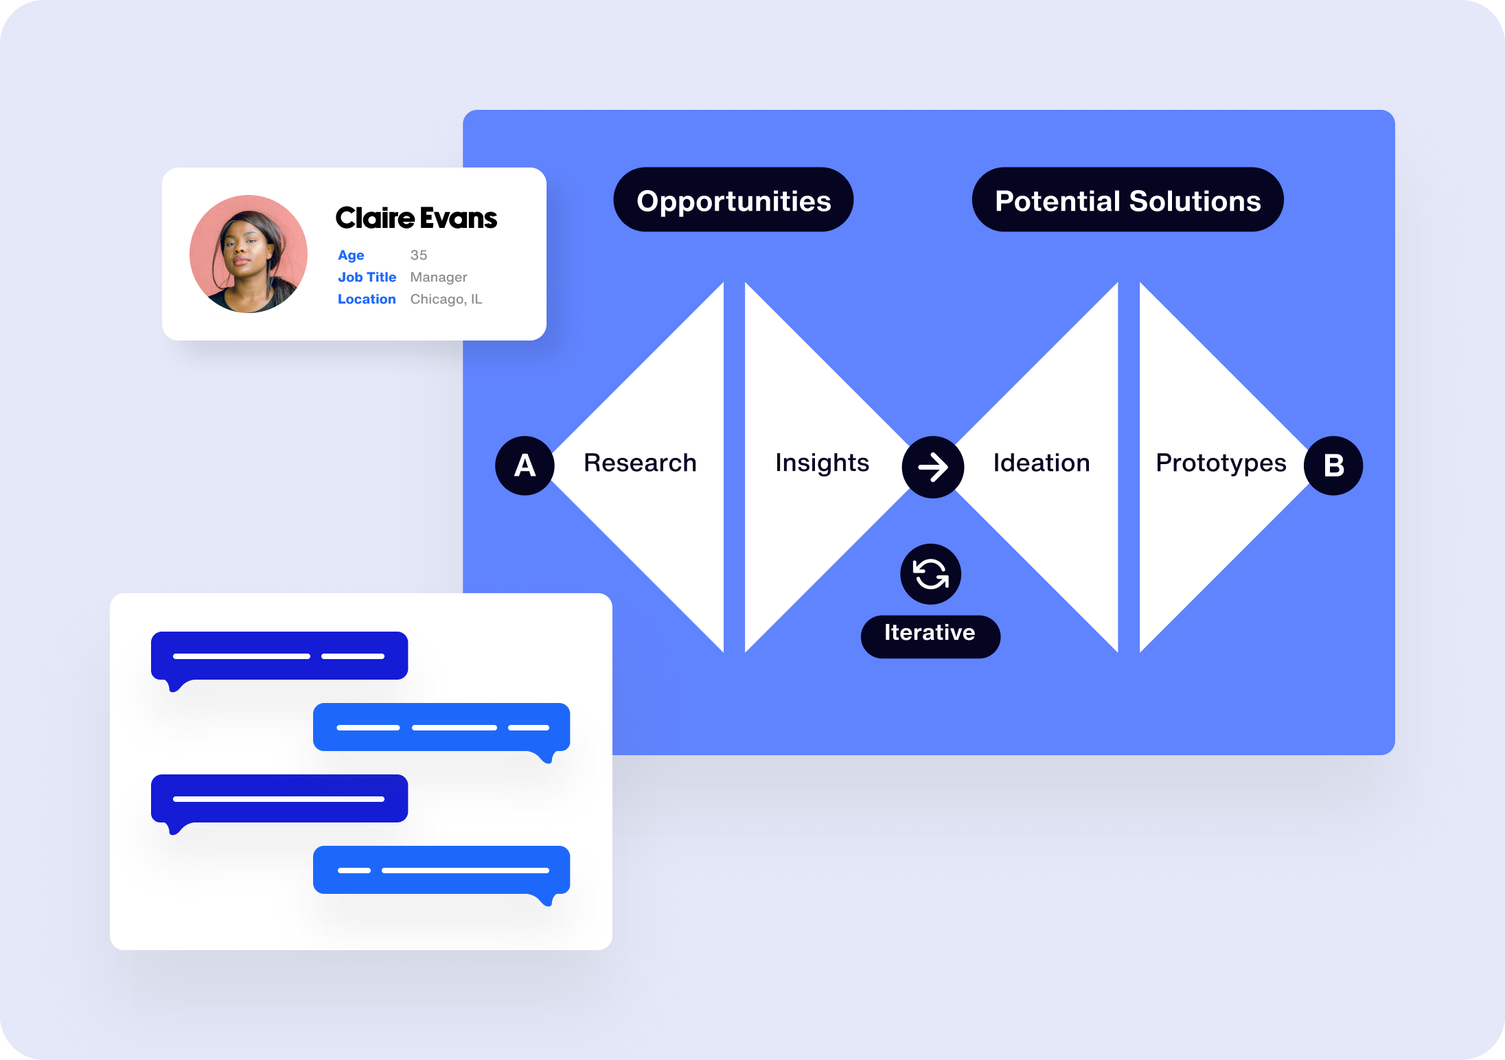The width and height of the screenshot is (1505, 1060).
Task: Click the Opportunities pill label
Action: [x=733, y=200]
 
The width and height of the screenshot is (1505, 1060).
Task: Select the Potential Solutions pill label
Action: [x=1127, y=200]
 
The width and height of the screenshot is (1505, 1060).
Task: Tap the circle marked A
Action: [x=525, y=465]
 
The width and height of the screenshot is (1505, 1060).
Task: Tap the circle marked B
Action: [x=1333, y=465]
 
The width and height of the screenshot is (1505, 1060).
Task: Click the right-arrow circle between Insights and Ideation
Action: [x=932, y=468]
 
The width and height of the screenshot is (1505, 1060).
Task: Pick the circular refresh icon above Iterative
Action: [x=930, y=574]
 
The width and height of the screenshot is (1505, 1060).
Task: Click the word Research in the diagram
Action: [x=640, y=463]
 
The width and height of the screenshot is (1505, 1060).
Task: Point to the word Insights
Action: [x=822, y=463]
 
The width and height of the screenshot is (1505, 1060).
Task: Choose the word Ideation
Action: [x=1041, y=463]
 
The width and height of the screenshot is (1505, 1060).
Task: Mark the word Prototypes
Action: [x=1221, y=463]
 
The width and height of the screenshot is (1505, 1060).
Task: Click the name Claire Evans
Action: [x=416, y=218]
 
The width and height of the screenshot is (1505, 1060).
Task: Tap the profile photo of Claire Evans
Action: [x=249, y=254]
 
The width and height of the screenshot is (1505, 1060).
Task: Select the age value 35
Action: [x=419, y=255]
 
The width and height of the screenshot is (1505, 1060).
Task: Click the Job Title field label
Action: [x=367, y=277]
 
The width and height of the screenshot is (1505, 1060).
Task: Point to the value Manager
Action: [x=439, y=277]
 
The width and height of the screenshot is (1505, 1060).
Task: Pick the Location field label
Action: [x=367, y=299]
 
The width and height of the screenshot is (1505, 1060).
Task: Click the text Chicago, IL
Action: [x=446, y=299]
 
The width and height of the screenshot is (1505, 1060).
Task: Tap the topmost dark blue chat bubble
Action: [x=279, y=656]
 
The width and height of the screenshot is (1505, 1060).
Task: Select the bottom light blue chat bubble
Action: [x=441, y=870]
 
